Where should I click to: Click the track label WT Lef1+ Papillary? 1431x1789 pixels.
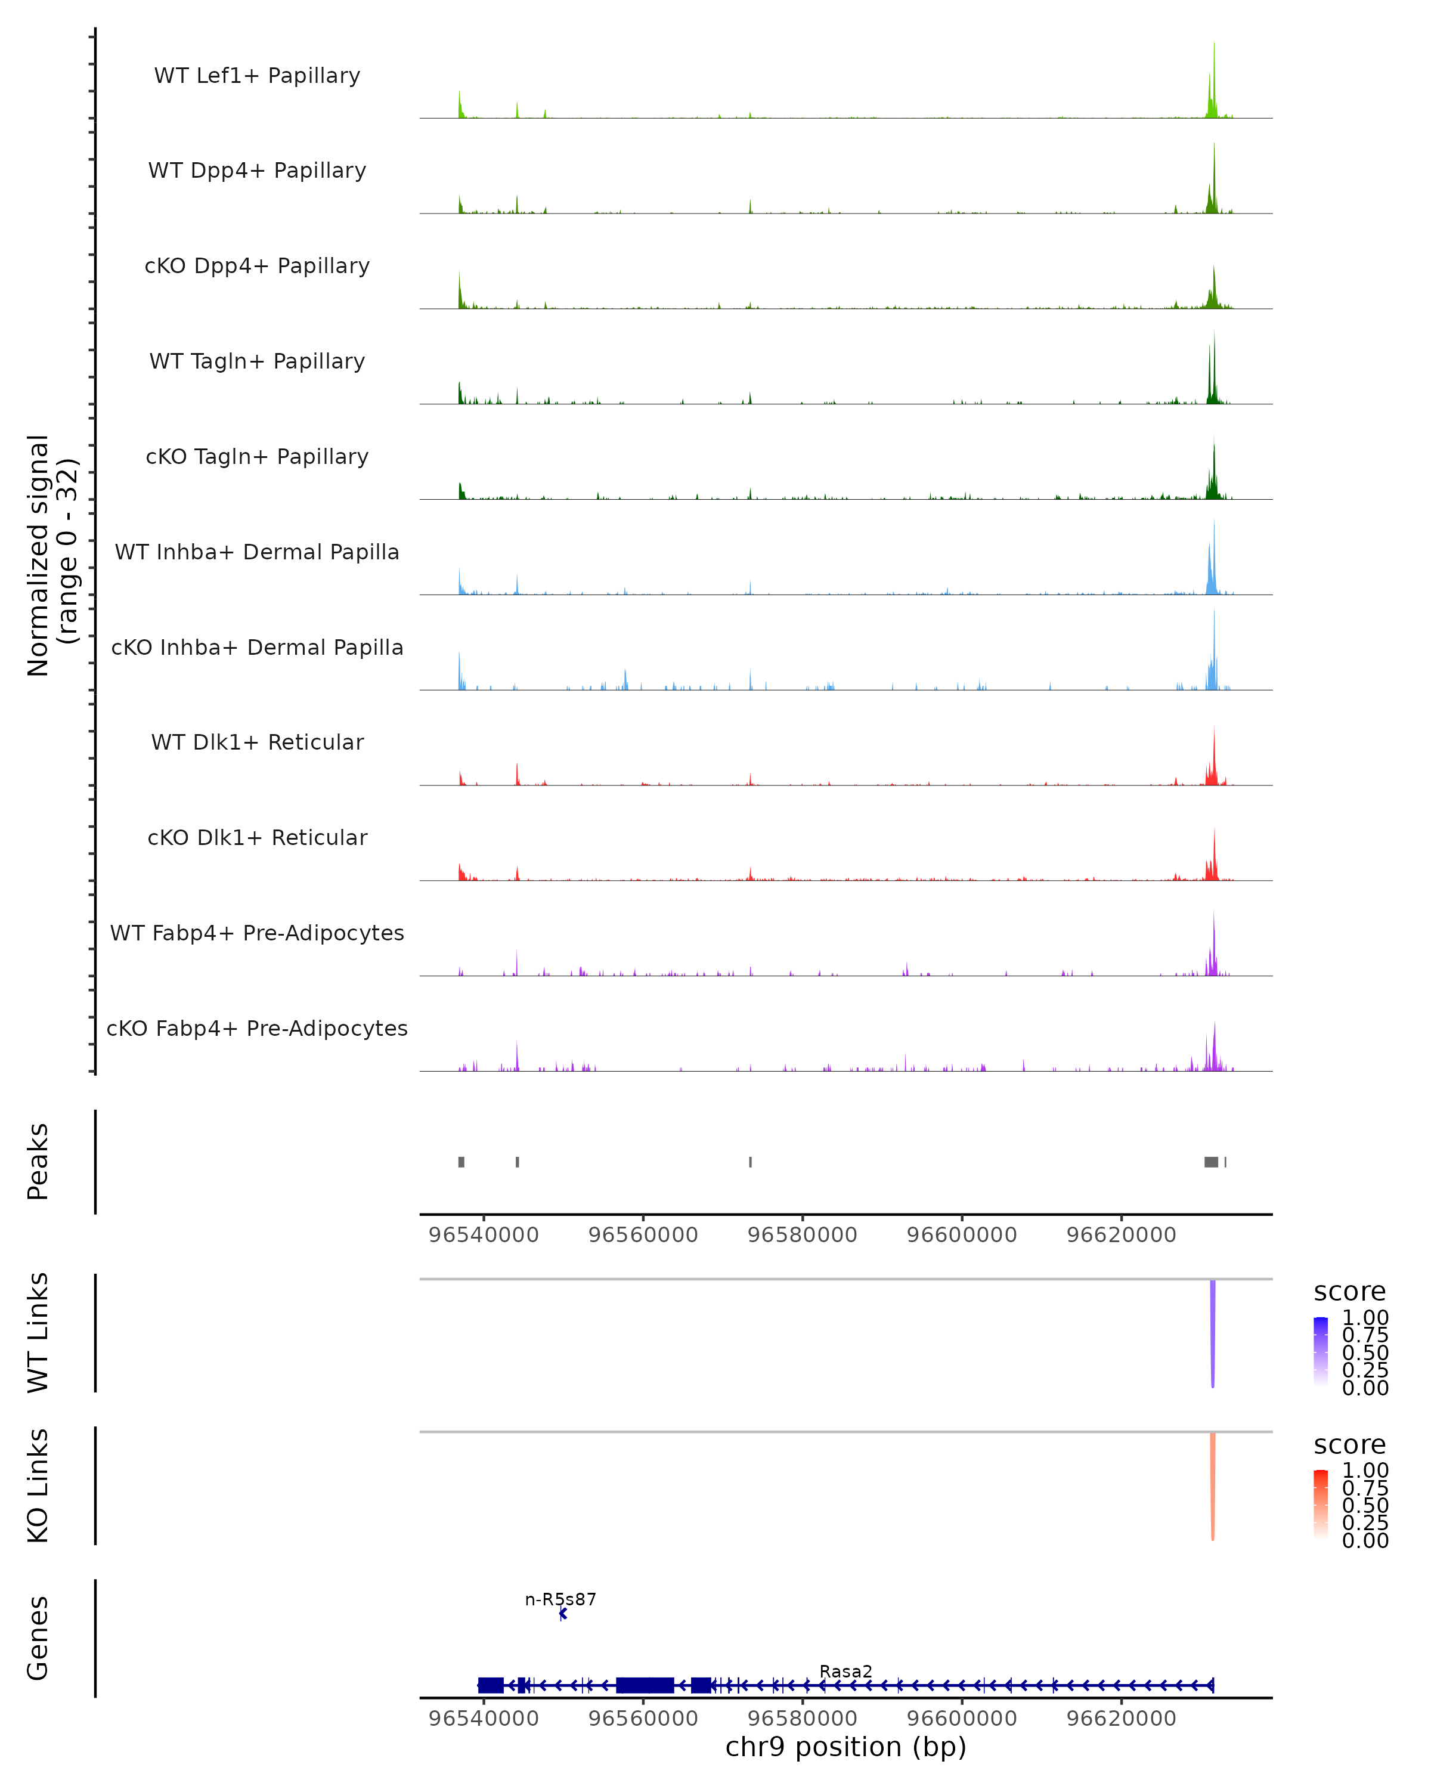click(257, 76)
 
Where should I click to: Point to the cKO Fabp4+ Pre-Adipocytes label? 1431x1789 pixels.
click(257, 1028)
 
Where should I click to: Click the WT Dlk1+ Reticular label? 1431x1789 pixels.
click(257, 742)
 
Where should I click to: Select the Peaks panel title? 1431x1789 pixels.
click(38, 1162)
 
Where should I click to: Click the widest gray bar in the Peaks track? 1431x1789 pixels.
click(1211, 1162)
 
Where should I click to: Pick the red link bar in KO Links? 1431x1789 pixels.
click(1213, 1486)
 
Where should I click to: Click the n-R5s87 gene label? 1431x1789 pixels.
click(561, 1599)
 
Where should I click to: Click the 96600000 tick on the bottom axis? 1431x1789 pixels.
click(962, 1719)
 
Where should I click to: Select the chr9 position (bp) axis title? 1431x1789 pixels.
click(845, 1747)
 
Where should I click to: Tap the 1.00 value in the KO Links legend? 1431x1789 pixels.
click(1365, 1471)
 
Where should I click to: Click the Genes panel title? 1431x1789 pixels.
click(38, 1638)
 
